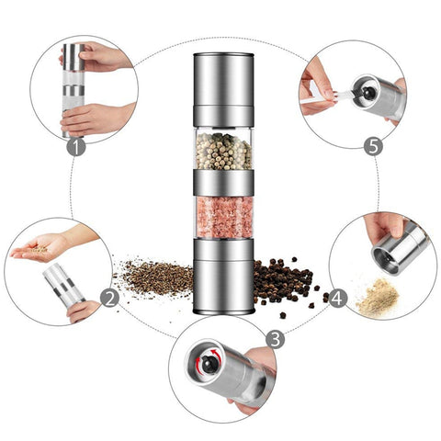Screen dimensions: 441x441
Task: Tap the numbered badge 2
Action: pyautogui.click(x=108, y=298)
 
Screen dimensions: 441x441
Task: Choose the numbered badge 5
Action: pyautogui.click(x=372, y=145)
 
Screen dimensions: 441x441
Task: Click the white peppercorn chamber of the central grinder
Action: pyautogui.click(x=222, y=151)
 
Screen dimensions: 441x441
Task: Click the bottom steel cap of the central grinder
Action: pyautogui.click(x=222, y=276)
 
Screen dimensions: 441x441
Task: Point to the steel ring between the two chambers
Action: pyautogui.click(x=222, y=183)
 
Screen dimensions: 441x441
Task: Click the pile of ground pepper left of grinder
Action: pyautogui.click(x=153, y=275)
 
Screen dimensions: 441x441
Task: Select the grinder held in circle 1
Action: pyautogui.click(x=73, y=87)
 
